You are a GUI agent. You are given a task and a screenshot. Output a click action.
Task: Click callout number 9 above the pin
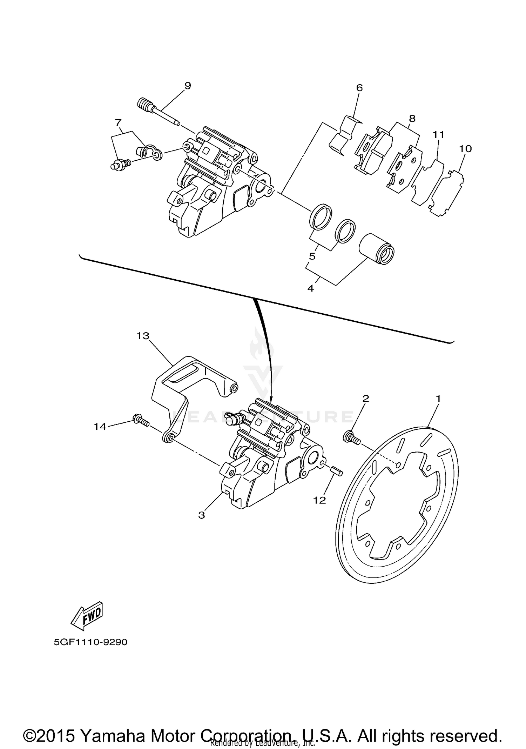(x=188, y=85)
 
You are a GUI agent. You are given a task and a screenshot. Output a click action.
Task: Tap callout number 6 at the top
(x=359, y=87)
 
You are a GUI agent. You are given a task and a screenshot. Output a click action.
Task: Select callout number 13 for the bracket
(x=143, y=336)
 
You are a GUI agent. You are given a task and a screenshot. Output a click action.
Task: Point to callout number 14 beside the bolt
(x=100, y=426)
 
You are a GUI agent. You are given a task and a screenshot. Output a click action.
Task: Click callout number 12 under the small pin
(x=319, y=500)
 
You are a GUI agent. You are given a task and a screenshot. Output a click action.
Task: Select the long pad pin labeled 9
(x=158, y=112)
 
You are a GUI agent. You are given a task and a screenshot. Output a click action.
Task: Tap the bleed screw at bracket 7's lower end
(x=121, y=165)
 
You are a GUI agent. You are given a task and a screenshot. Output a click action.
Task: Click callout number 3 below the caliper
(x=201, y=515)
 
